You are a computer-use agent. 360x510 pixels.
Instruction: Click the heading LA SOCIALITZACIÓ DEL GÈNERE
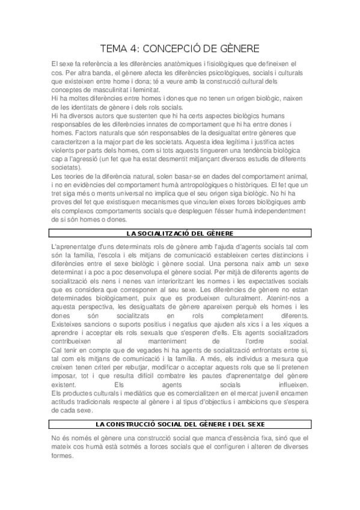click(x=180, y=232)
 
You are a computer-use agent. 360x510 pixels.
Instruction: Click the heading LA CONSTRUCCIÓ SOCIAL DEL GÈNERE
click(x=180, y=425)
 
